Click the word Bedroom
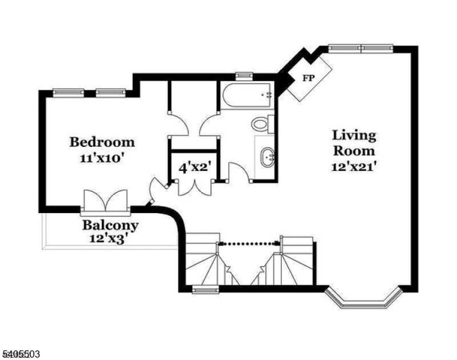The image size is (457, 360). tap(102, 142)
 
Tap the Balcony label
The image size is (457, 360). tap(110, 226)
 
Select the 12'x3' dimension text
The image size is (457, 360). tap(110, 240)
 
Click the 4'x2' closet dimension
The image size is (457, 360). tap(193, 168)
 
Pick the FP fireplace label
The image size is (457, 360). tap(308, 78)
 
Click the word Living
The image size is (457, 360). tap(354, 135)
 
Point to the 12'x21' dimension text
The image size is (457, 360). tap(354, 167)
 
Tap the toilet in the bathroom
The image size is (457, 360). tap(261, 124)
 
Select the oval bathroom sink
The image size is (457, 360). tap(266, 157)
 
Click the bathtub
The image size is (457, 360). tap(246, 96)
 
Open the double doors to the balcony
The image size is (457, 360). tap(105, 202)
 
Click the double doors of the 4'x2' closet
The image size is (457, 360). tap(193, 186)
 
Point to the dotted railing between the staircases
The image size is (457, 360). tap(250, 243)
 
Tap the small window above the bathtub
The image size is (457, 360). tap(245, 75)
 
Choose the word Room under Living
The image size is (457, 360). tap(354, 150)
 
